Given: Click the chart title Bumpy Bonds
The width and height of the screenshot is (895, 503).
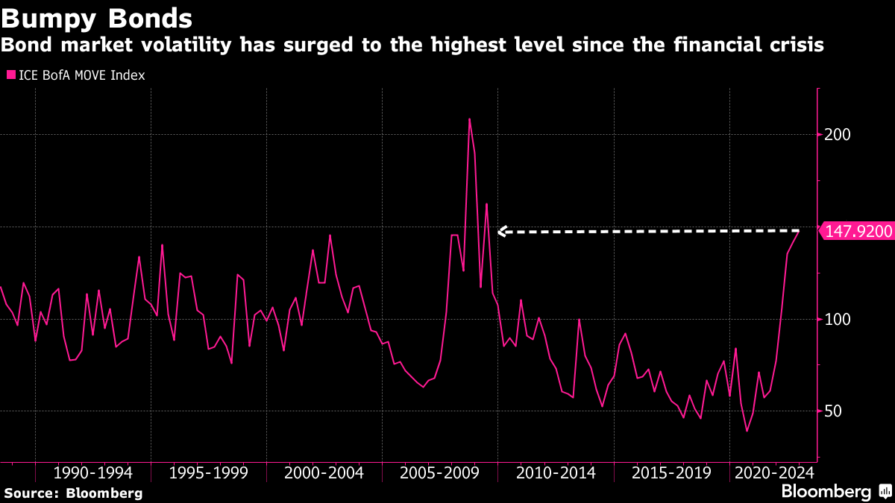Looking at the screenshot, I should click(97, 17).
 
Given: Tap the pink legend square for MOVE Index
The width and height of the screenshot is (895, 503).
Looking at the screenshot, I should click(10, 75).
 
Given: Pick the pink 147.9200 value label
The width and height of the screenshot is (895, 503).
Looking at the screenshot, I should click(858, 232).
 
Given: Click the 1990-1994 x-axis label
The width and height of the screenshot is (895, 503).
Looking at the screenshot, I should click(93, 472).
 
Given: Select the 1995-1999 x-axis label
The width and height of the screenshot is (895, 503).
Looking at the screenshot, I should click(209, 472).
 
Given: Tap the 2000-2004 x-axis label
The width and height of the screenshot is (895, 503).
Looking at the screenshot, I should click(324, 472).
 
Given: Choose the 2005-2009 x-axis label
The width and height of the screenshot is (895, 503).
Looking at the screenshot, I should click(440, 472).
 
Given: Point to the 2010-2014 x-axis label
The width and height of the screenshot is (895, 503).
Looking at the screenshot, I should click(556, 472).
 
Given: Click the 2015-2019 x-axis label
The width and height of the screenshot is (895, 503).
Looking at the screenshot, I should click(671, 472).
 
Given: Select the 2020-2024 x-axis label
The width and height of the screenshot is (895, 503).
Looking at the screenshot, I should click(772, 472).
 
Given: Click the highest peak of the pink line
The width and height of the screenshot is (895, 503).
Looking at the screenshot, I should click(469, 118).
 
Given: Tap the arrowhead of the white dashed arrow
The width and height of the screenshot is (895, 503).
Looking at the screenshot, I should click(501, 232).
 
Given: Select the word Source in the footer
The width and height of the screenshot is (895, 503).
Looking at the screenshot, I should click(31, 493).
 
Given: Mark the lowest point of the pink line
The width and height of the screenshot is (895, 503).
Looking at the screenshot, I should click(747, 431).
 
